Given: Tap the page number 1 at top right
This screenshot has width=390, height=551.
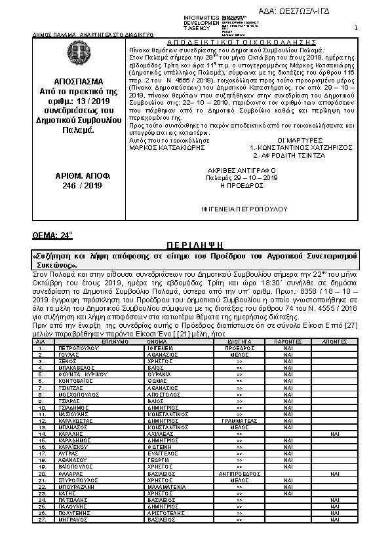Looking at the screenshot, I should click(x=355, y=27).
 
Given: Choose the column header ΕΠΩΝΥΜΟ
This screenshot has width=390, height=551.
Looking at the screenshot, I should click(x=96, y=342).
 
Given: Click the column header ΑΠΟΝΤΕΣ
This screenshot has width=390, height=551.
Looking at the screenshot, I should click(x=334, y=342).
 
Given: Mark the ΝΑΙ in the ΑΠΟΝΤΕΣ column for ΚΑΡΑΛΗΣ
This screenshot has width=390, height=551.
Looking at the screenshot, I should click(x=334, y=433).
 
